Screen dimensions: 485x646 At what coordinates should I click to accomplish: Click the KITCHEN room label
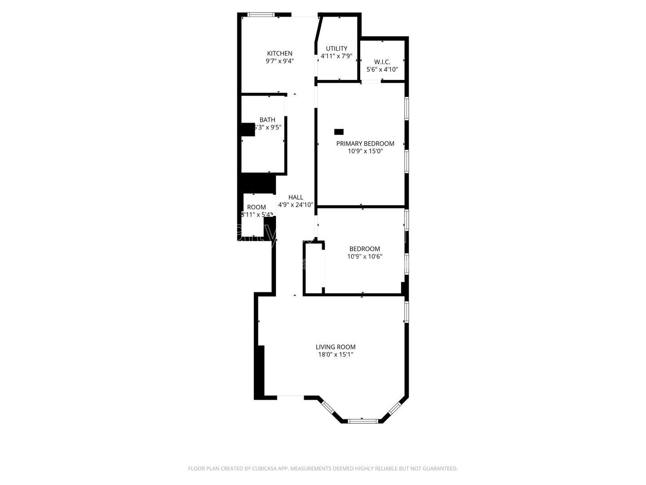(x=279, y=53)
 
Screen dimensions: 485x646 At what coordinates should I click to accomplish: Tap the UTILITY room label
(x=336, y=48)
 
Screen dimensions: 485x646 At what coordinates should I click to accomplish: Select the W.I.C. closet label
(x=382, y=62)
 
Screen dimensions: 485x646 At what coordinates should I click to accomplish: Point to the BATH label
(x=267, y=120)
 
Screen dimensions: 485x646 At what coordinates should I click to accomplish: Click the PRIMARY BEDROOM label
(x=365, y=144)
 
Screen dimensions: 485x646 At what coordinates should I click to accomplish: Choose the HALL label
(x=296, y=197)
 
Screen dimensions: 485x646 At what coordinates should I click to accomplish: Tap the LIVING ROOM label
(x=336, y=347)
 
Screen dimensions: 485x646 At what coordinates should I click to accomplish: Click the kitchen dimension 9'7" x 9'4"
(x=279, y=61)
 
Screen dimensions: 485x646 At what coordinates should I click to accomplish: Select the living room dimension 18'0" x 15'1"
(x=336, y=354)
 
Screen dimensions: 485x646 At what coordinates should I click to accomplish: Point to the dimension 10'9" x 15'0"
(x=365, y=151)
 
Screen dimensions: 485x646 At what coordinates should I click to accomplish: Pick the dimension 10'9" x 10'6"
(x=365, y=256)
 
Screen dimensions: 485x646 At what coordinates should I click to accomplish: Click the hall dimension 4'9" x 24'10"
(x=296, y=205)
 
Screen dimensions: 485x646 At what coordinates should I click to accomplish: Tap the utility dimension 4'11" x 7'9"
(x=336, y=57)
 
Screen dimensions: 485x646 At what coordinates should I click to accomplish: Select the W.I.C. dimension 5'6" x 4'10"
(x=382, y=70)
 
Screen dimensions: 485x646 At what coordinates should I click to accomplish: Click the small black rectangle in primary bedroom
(x=339, y=132)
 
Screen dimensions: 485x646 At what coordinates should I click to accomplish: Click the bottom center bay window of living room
(x=363, y=421)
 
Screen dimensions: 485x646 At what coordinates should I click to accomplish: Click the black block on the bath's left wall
(x=248, y=129)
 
